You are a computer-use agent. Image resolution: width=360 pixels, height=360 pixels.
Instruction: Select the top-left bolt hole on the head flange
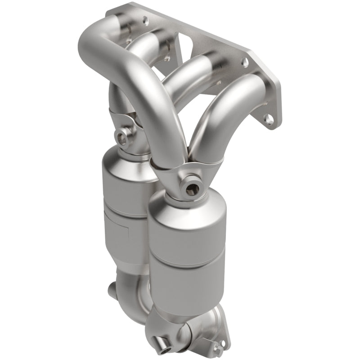click(145, 20)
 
